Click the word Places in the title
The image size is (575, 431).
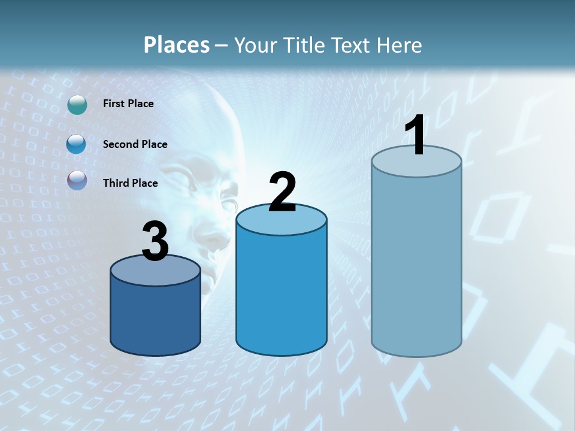click(x=177, y=45)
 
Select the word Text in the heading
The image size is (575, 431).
click(x=352, y=45)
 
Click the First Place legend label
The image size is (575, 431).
click(x=128, y=104)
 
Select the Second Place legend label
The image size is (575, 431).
click(x=135, y=144)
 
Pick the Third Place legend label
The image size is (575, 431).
click(x=130, y=183)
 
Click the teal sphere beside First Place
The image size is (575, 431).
click(x=77, y=104)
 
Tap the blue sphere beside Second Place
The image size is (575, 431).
click(x=76, y=144)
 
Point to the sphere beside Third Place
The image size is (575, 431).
click(x=77, y=180)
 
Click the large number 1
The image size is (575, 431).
click(x=415, y=136)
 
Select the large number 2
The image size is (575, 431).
click(x=282, y=192)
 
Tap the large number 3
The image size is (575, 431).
click(x=155, y=241)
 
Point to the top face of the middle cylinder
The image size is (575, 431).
click(x=282, y=221)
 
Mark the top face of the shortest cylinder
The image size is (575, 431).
click(x=155, y=273)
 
